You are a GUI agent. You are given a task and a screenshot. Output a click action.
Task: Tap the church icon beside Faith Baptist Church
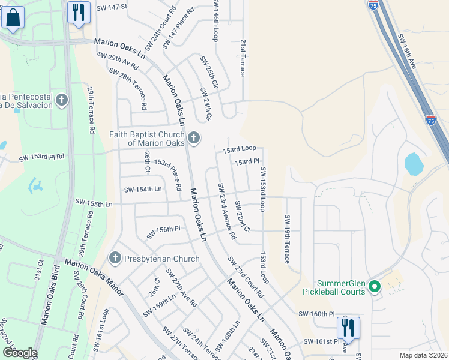[193, 139]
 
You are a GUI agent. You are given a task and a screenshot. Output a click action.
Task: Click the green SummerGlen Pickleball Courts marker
[375, 287]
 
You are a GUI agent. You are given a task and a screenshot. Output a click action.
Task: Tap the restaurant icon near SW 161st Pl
[348, 328]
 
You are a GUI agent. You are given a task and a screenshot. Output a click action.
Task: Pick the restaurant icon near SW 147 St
[79, 13]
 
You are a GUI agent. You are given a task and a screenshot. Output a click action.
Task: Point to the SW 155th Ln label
[93, 204]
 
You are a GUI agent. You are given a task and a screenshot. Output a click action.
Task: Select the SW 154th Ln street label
[143, 190]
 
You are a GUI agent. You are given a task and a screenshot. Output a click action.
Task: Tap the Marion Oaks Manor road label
[94, 278]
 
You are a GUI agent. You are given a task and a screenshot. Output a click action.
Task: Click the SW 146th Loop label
[215, 21]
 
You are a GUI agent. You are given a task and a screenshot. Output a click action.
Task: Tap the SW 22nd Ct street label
[242, 218]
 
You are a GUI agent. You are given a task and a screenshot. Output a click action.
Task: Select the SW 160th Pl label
[316, 314]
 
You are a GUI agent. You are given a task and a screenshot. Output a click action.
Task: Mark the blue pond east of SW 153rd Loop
[413, 164]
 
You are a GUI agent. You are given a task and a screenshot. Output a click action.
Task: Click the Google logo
[20, 353]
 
